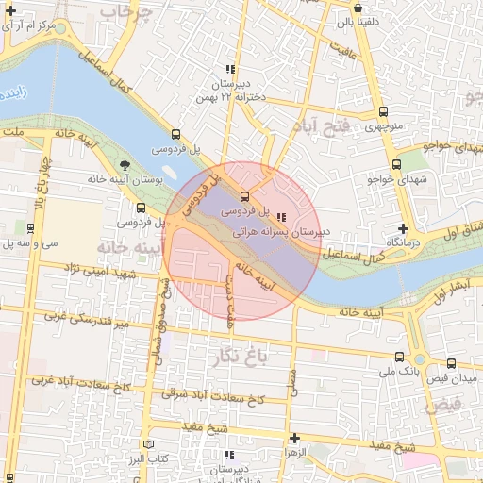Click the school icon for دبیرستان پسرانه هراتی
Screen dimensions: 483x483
[x=284, y=216]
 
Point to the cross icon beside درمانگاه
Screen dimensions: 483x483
[x=403, y=228]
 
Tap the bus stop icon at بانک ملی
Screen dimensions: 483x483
[x=399, y=358]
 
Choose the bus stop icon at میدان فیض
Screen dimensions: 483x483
[x=451, y=363]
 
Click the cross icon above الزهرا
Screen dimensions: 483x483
[x=295, y=438]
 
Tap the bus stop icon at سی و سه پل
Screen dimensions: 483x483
[x=31, y=228]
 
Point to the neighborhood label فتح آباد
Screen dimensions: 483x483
[x=321, y=126]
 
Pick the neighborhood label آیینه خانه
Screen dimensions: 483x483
[x=124, y=246]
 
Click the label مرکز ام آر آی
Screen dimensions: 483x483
[x=40, y=22]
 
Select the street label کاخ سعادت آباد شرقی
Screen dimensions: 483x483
[x=212, y=395]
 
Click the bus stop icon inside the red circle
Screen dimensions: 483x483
[x=245, y=197]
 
